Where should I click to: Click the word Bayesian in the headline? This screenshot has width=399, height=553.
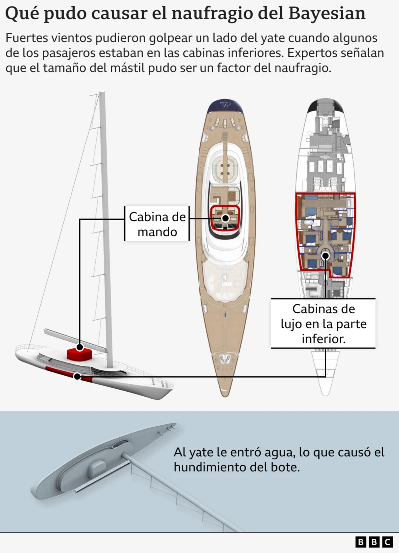327,13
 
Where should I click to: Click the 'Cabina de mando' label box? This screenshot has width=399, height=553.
157,224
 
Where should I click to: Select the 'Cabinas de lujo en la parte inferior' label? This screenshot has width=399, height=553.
323,324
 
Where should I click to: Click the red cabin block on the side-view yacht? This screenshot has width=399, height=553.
79,354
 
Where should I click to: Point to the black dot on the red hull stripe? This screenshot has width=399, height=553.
77,376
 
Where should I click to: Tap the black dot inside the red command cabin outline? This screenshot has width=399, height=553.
225,218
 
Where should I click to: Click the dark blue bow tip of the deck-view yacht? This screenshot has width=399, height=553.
225,106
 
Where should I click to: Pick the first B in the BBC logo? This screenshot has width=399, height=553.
361,542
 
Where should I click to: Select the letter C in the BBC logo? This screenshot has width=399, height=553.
387,542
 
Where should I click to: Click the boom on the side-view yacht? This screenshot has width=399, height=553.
75,340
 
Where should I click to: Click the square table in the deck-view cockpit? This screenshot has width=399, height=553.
225,169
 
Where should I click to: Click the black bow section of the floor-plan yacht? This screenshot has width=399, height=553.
325,105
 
